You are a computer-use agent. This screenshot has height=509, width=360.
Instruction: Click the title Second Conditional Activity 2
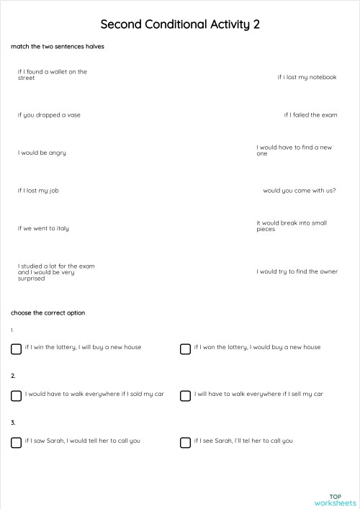tap(180, 24)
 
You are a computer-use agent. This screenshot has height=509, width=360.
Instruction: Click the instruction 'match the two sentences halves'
tap(47, 47)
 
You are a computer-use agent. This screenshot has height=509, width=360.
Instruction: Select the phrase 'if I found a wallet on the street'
tap(52, 74)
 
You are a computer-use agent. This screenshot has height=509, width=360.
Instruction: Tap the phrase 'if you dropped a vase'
tap(49, 114)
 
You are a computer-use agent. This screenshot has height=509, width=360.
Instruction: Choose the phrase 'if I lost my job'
tap(38, 191)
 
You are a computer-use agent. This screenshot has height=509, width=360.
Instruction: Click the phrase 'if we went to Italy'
tap(43, 228)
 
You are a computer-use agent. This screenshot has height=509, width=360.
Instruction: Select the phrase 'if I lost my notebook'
tap(307, 77)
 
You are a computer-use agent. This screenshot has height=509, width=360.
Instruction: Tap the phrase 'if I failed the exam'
tap(310, 114)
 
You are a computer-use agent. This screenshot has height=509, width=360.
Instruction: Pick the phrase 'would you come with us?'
tap(300, 191)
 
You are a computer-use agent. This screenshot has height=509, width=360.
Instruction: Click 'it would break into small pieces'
tap(292, 225)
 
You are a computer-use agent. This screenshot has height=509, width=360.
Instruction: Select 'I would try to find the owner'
tap(297, 271)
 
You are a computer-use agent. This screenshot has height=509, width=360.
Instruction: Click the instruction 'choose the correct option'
tap(48, 313)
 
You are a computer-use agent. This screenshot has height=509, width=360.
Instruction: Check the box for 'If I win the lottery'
tap(17, 348)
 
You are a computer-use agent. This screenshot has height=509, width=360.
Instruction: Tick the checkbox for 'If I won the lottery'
tap(185, 348)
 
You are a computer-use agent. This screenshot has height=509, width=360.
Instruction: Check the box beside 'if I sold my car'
tap(17, 395)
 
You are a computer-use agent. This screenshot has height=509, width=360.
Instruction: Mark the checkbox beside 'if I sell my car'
tap(185, 395)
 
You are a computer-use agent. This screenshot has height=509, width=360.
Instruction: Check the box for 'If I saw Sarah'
tap(17, 442)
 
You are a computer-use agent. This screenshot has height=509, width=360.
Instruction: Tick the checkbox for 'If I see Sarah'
tap(185, 442)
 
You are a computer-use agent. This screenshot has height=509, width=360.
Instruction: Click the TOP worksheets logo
tap(336, 500)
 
